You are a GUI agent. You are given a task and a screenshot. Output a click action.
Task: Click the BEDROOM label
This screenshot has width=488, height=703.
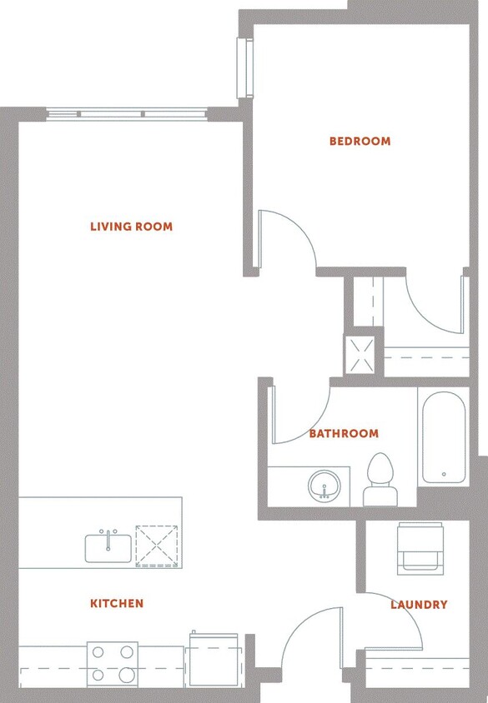360,142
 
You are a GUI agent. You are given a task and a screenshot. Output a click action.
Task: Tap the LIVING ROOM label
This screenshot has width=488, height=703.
131,227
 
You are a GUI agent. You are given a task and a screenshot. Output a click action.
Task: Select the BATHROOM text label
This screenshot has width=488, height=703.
343,434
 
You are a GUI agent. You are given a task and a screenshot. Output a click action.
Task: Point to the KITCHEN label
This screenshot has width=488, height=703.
117,604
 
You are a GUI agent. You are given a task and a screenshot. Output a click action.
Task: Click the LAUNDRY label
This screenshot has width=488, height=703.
419,605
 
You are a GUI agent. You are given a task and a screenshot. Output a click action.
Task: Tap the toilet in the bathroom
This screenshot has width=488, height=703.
380,481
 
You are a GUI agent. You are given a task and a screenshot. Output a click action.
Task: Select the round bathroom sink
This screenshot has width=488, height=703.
322,486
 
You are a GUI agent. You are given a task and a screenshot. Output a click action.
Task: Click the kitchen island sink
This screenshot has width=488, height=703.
108,548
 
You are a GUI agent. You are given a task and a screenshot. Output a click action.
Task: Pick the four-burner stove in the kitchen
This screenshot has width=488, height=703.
112,663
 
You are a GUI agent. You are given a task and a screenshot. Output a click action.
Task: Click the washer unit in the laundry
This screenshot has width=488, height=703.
420,547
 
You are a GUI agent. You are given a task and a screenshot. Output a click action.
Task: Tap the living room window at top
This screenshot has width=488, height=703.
127,114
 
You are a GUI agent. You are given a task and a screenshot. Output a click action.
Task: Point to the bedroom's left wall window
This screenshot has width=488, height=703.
244,67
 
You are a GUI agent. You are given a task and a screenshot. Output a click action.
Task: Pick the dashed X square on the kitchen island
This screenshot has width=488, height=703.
157,546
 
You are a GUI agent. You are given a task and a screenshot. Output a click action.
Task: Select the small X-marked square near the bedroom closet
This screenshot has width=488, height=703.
362,355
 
